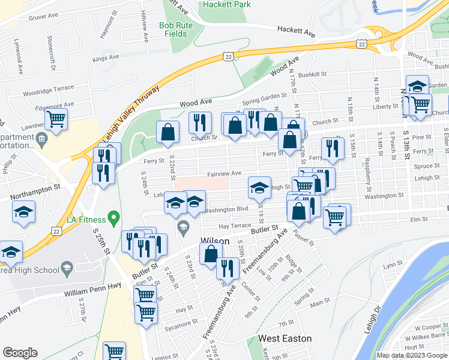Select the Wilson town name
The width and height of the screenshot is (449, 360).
click(x=214, y=241)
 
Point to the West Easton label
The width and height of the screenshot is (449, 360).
click(x=285, y=338)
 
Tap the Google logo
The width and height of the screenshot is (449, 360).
click(x=20, y=353)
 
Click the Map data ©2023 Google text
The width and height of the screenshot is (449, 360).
click(x=411, y=355)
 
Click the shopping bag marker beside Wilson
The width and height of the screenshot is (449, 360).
click(x=211, y=253)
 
